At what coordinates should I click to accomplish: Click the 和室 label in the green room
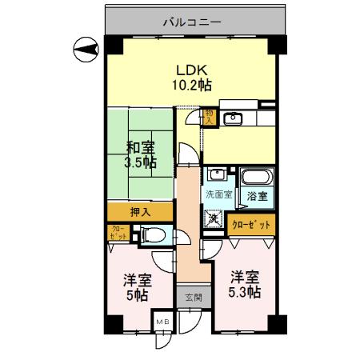140,147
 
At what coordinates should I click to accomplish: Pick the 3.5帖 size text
140,163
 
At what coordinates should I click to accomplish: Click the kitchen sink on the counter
234,120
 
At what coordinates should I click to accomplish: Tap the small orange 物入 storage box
209,118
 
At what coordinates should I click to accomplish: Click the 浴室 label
258,195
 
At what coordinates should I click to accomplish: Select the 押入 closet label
139,212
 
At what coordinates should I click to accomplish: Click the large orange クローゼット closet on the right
253,226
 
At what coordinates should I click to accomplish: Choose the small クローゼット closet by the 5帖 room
116,234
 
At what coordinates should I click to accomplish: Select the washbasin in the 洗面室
216,176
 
